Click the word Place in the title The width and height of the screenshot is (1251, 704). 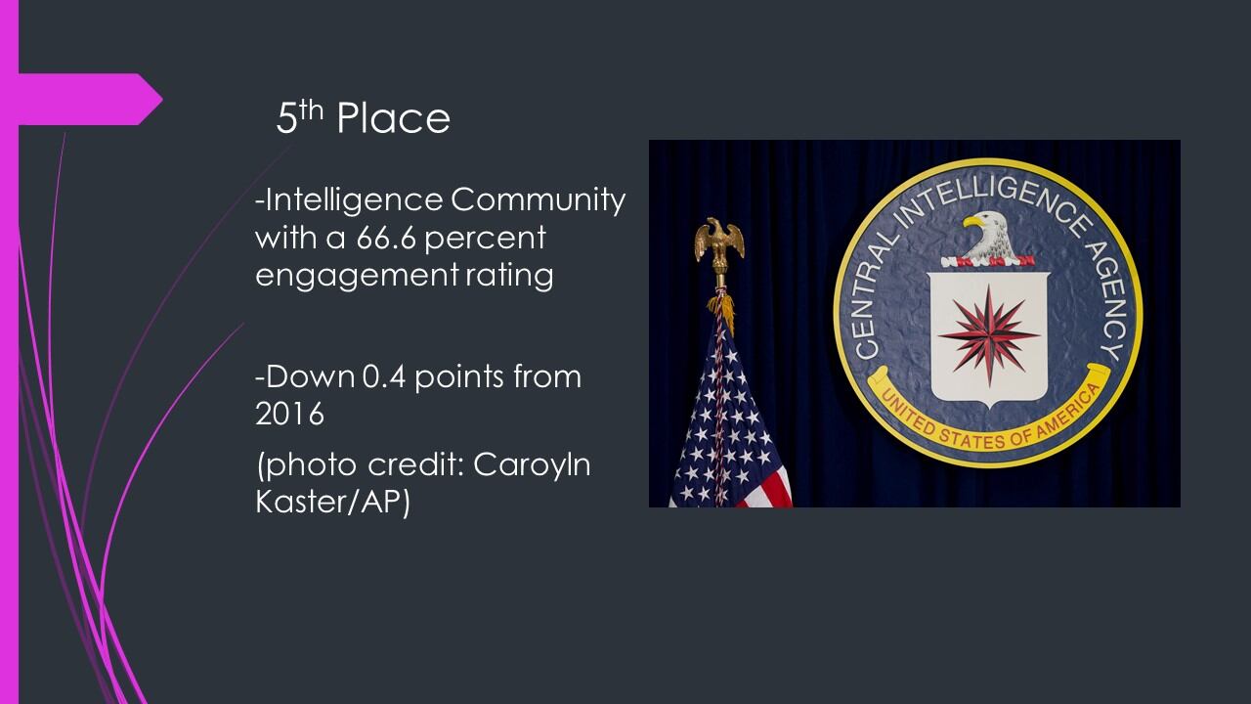click(393, 118)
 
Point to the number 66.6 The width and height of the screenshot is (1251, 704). click(386, 239)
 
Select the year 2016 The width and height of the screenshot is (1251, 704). click(289, 414)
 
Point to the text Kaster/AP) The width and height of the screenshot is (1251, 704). click(332, 502)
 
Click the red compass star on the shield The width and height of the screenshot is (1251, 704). click(988, 335)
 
